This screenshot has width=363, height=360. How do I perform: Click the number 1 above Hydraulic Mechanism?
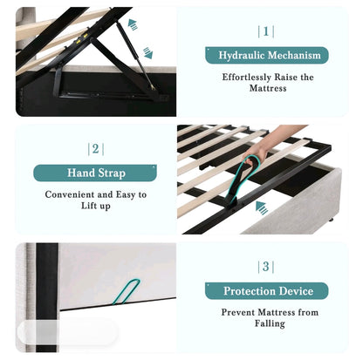(x=266, y=31)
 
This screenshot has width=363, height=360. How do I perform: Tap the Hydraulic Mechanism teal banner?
(x=266, y=56)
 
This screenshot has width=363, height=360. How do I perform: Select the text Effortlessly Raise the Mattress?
(x=266, y=83)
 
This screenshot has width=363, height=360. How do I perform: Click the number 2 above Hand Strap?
(x=96, y=149)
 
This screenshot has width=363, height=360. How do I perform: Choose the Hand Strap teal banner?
(x=96, y=173)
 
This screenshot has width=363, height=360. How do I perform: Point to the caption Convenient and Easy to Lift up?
(x=96, y=201)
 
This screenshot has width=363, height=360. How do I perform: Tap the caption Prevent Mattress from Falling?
(x=269, y=318)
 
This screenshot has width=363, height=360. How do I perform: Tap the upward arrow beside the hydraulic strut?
(x=133, y=25)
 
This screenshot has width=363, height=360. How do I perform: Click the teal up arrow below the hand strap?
(x=262, y=207)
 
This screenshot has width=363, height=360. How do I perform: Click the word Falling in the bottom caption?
(x=269, y=324)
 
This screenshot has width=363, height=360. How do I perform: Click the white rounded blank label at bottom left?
(x=66, y=332)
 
